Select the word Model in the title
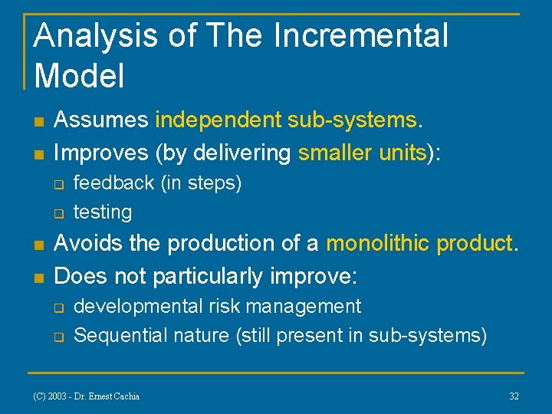pyautogui.click(x=80, y=75)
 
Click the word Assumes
pyautogui.click(x=101, y=120)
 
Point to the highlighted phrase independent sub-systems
pyautogui.click(x=286, y=120)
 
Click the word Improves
pyautogui.click(x=103, y=153)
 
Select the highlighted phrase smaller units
pyautogui.click(x=362, y=153)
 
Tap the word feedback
pyautogui.click(x=113, y=183)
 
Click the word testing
pyautogui.click(x=103, y=212)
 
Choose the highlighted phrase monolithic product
pyautogui.click(x=419, y=243)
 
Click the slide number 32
pyautogui.click(x=514, y=396)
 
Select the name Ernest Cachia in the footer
pyautogui.click(x=116, y=396)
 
